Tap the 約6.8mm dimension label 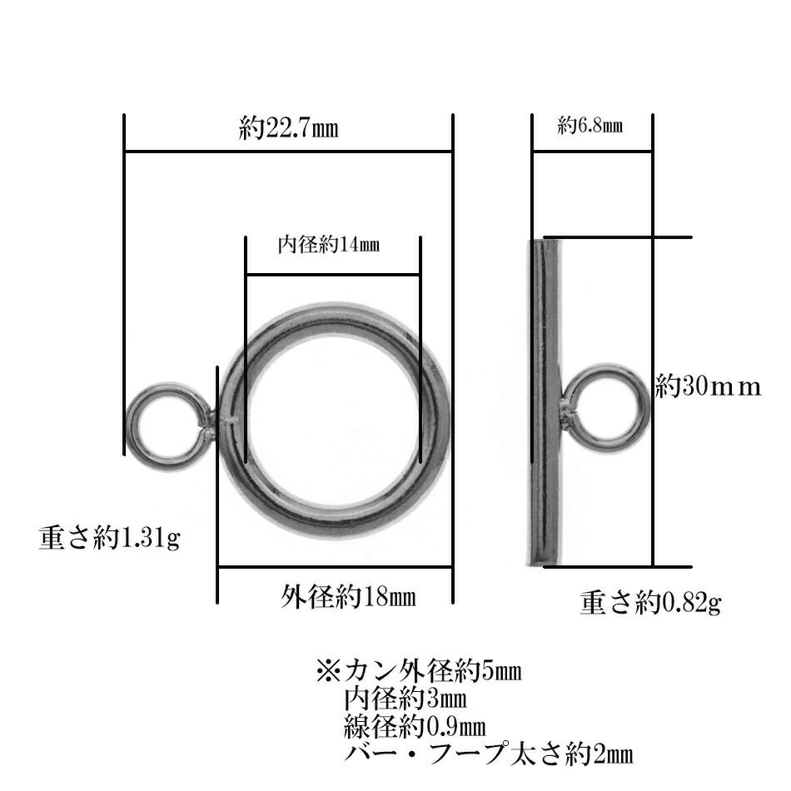pyautogui.click(x=590, y=127)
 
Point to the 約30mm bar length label pyautogui.click(x=708, y=386)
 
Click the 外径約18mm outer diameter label pyautogui.click(x=348, y=596)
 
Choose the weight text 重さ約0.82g pyautogui.click(x=649, y=601)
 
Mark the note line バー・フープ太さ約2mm pyautogui.click(x=488, y=755)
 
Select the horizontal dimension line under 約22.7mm pyautogui.click(x=288, y=152)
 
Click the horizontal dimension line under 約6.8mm pyautogui.click(x=592, y=152)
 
